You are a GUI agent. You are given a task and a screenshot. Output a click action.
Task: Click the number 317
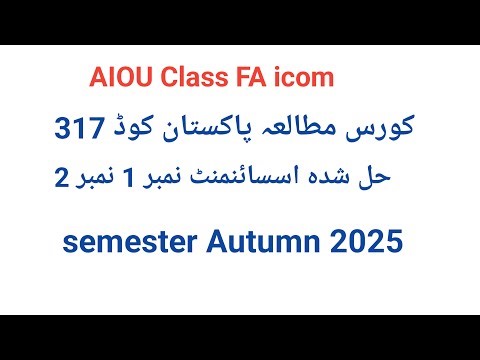(80, 130)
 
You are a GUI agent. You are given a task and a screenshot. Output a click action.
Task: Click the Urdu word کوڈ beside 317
(141, 130)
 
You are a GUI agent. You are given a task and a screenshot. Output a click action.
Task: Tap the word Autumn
(268, 240)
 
